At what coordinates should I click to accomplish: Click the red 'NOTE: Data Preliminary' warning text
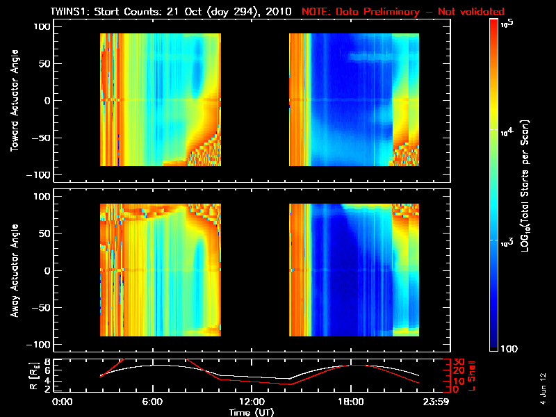pos(403,12)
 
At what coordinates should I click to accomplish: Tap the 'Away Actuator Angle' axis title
pos(15,270)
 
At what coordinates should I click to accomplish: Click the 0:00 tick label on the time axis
pos(63,402)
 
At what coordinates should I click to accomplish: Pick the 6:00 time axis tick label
pos(153,402)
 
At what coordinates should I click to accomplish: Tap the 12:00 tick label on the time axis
pos(252,402)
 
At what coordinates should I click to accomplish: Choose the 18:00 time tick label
pos(350,402)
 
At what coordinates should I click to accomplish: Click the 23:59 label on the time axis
pos(437,402)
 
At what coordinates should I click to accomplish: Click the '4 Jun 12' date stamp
pos(541,388)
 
